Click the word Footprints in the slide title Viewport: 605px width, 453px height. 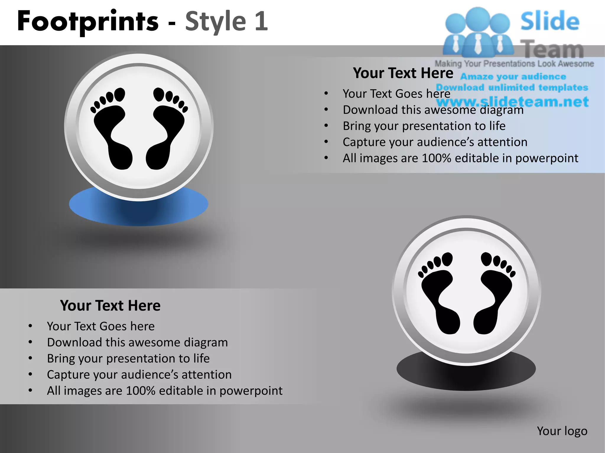click(88, 21)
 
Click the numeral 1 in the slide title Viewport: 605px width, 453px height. click(261, 21)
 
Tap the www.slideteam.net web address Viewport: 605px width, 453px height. click(513, 102)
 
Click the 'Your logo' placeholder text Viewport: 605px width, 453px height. click(562, 431)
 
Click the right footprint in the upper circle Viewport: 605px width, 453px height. click(166, 133)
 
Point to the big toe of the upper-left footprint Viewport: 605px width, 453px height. click(120, 94)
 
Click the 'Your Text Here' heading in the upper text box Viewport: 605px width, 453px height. click(403, 73)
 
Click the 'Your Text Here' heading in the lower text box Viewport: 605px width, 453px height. click(110, 306)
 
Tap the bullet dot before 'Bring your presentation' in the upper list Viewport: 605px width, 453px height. click(326, 126)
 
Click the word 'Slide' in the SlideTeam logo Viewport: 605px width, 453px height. click(550, 21)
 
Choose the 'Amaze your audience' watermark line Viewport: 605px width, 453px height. click(513, 77)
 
